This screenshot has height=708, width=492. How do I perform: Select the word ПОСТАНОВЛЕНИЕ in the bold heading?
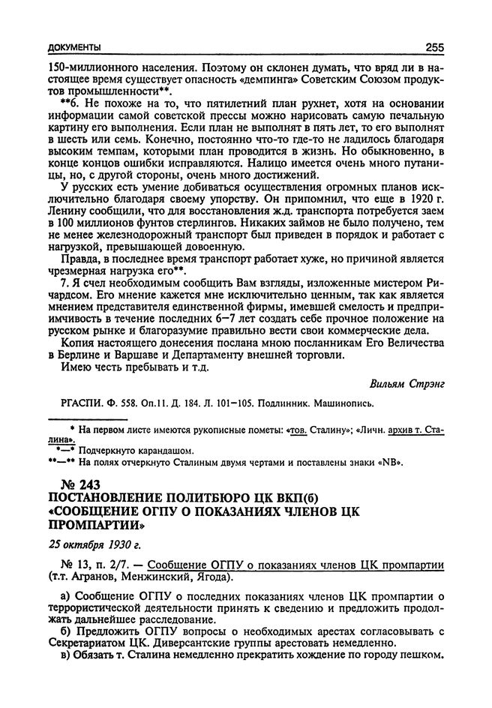tap(111, 499)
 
